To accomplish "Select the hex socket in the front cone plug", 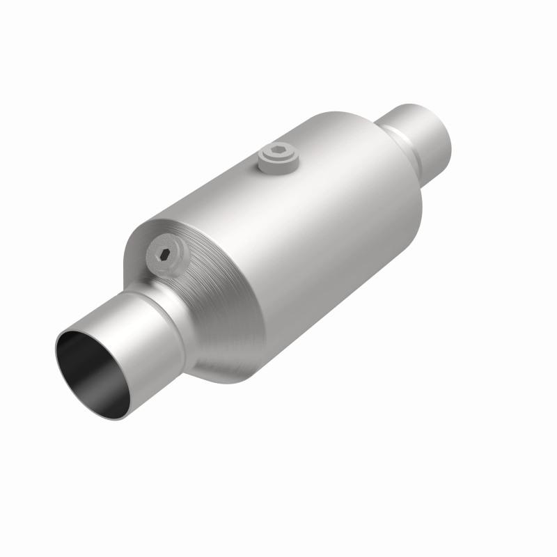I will coord(166,255).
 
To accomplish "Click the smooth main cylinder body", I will coord(313,230).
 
